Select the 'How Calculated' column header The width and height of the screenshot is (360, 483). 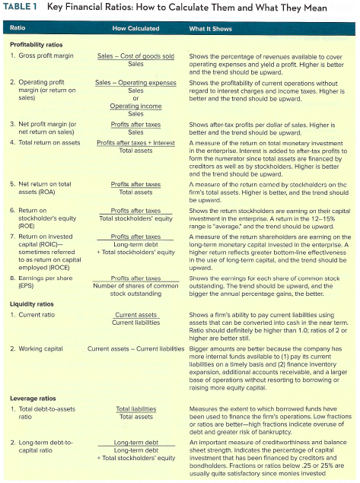pos(135,28)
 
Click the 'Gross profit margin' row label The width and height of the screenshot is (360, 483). pos(45,56)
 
